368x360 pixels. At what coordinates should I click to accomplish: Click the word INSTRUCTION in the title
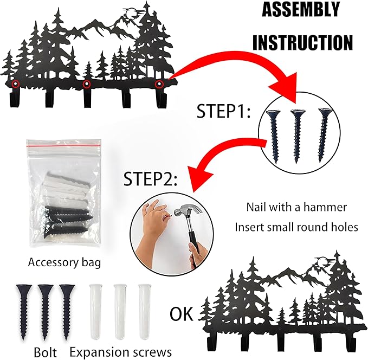(302, 42)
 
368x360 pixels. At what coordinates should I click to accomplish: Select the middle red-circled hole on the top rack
(86, 84)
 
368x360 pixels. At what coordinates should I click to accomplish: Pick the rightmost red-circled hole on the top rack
(159, 84)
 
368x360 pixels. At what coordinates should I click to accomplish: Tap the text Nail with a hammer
(296, 207)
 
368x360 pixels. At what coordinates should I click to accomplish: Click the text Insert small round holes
(296, 227)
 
